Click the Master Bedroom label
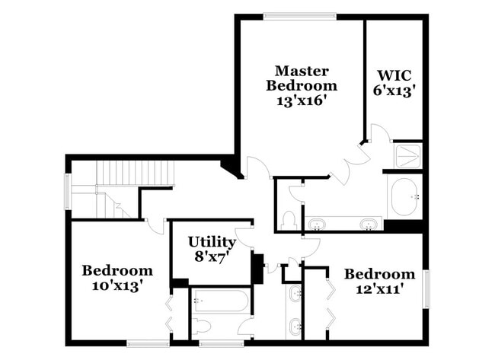[301, 78]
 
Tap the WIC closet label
[394, 75]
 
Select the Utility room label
[212, 242]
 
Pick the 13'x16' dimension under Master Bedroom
[301, 100]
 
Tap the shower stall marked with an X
[410, 156]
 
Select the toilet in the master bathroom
[289, 221]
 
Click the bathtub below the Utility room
[220, 301]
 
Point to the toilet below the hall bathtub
[201, 328]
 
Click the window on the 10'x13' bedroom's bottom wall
[148, 343]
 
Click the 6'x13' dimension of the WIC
[394, 91]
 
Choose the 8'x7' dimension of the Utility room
[212, 257]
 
